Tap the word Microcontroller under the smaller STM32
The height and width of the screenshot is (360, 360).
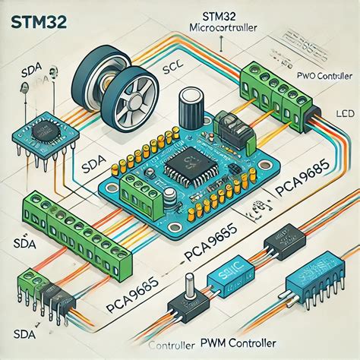coord(220,28)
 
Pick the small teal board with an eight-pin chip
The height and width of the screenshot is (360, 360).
coord(43,129)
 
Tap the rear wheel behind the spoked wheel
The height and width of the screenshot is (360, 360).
coord(106,72)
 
